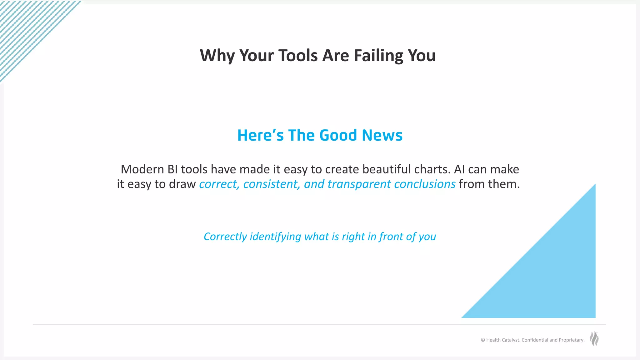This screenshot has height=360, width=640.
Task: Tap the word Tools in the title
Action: (x=297, y=56)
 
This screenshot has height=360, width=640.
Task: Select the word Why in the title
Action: (x=217, y=56)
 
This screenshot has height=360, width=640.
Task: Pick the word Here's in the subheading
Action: (x=260, y=135)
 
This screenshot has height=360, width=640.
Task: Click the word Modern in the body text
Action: (x=142, y=169)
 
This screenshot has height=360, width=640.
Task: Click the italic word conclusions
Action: (x=425, y=184)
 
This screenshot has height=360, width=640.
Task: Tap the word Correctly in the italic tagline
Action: (x=225, y=237)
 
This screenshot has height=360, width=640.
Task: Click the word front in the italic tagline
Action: (x=391, y=237)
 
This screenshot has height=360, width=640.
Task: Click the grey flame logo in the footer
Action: (x=594, y=339)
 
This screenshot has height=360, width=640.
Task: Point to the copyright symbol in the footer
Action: (x=483, y=340)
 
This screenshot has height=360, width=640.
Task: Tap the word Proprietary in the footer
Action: (x=571, y=340)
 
